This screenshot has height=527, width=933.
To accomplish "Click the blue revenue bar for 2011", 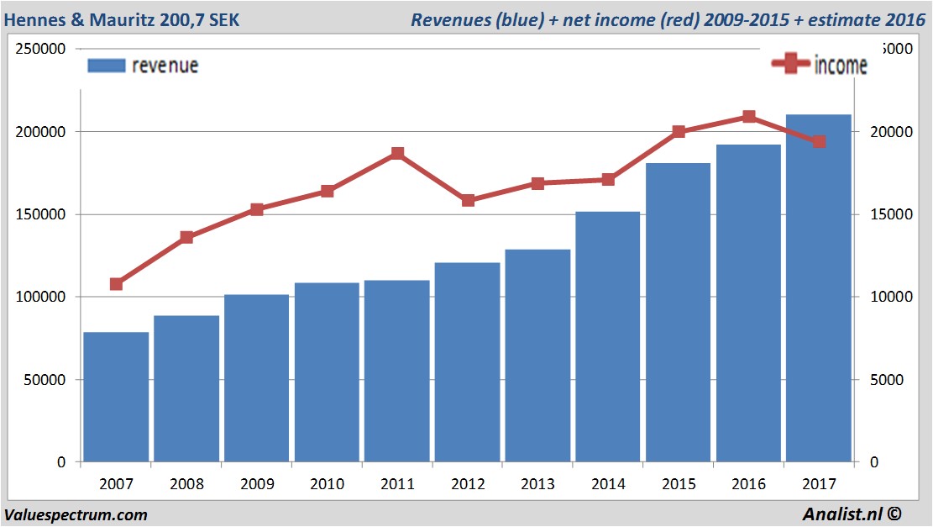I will point(397,371).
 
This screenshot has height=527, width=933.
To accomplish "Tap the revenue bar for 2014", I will point(609,336).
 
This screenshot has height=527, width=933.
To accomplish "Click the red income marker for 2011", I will point(397,154).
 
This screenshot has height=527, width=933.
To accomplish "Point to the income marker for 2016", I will point(749,117).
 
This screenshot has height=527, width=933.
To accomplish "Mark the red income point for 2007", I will point(116,284).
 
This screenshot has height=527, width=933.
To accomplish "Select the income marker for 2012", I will point(468,200).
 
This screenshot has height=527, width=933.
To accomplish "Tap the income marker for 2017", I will point(820,142).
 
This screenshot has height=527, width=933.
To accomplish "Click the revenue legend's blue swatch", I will point(106,66).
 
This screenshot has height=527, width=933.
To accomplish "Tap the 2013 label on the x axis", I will point(538,484).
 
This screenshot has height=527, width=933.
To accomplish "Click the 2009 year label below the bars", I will point(257,484).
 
